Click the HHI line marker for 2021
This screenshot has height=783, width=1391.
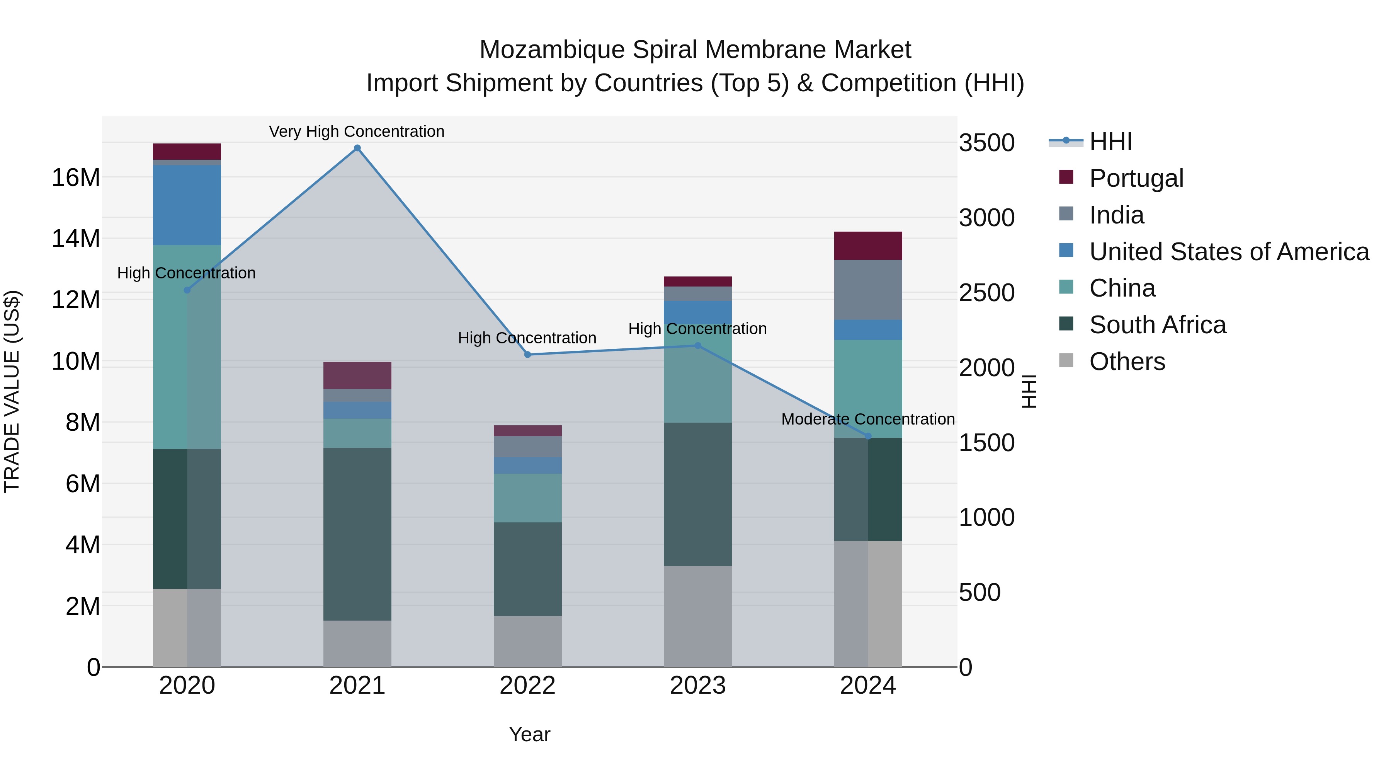(x=357, y=148)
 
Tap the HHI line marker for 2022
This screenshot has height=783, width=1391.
(x=527, y=355)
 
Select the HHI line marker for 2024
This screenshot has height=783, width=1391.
(x=868, y=436)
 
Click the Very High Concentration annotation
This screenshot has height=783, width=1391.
(x=356, y=131)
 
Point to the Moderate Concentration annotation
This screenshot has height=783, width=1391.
(x=868, y=419)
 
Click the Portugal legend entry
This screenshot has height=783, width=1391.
(x=1136, y=178)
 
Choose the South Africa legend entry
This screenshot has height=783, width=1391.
(x=1157, y=325)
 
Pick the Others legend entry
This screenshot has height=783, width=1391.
(x=1127, y=362)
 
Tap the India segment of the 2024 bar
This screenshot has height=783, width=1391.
(x=868, y=290)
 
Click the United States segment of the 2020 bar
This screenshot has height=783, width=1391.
(x=187, y=205)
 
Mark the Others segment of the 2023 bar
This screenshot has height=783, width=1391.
(x=697, y=616)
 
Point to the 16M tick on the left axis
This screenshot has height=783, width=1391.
(x=76, y=177)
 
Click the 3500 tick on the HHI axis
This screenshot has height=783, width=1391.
(x=986, y=143)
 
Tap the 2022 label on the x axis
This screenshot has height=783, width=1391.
(x=527, y=686)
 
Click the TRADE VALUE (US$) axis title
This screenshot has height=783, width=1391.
(x=12, y=391)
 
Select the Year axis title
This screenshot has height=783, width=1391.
(x=529, y=734)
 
